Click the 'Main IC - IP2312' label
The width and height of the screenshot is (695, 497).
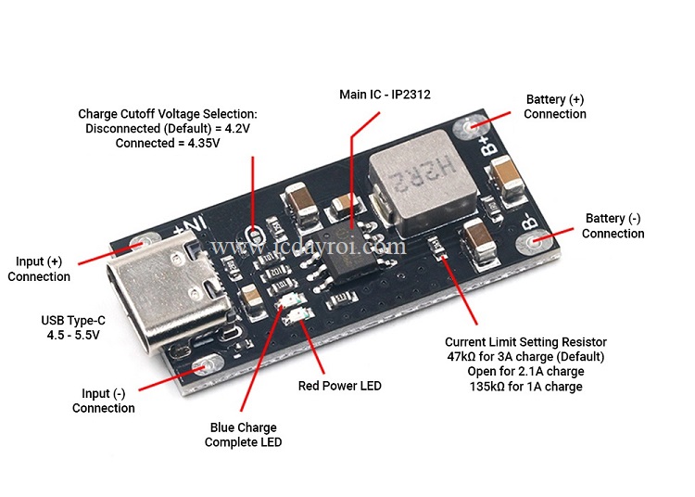click(385, 95)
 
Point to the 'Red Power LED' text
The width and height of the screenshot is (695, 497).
click(339, 386)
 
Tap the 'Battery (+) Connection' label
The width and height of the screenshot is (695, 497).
click(555, 107)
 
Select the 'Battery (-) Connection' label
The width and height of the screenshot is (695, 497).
click(613, 226)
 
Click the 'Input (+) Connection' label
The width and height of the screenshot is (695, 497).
click(39, 269)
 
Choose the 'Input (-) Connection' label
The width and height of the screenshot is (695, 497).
click(103, 401)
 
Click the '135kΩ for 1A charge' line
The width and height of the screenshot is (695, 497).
click(525, 387)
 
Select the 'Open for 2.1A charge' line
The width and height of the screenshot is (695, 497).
click(525, 372)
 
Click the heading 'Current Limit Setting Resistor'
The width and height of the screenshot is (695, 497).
click(525, 342)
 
